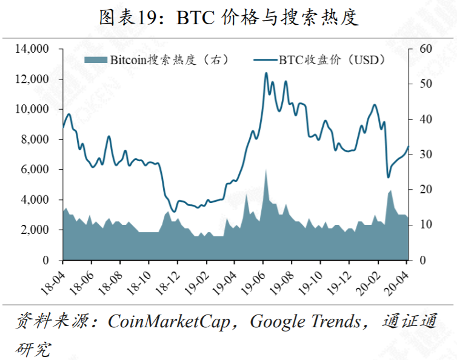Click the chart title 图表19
point(228,18)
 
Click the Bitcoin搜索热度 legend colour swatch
point(96,60)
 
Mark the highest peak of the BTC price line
point(265,73)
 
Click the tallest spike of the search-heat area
point(265,171)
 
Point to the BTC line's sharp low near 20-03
point(389,177)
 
